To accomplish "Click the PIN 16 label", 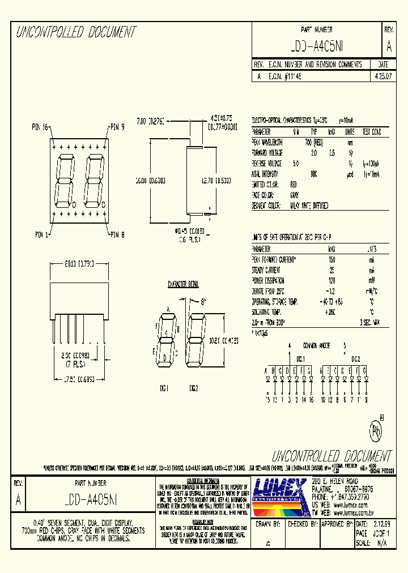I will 40,127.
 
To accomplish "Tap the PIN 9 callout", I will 117,127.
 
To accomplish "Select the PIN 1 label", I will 41,233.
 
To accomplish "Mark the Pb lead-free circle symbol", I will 376,431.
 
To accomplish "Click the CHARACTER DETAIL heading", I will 183,284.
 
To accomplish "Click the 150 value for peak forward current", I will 331,259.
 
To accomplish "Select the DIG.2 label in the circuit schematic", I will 356,359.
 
